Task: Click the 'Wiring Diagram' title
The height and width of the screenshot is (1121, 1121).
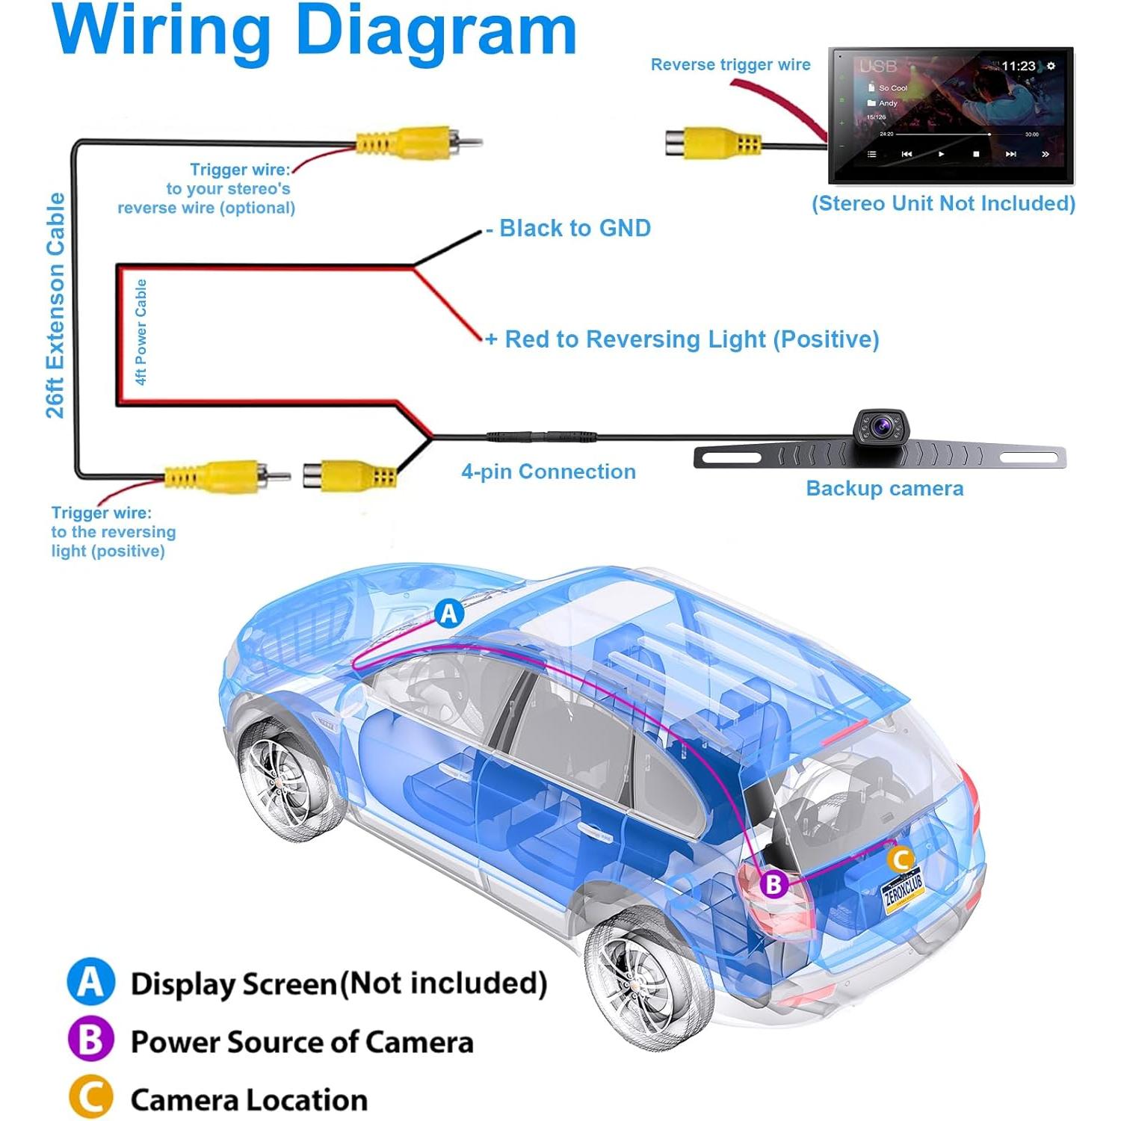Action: tap(314, 31)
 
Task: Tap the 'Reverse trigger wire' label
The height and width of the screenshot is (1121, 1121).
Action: tap(730, 65)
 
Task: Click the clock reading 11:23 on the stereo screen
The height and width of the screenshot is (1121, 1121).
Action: tap(1018, 67)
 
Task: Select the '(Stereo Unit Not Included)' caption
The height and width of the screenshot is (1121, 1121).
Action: tap(943, 203)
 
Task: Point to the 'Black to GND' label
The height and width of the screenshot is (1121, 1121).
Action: tap(574, 228)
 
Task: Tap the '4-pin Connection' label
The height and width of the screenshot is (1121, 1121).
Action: tap(549, 472)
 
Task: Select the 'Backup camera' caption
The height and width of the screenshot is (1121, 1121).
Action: tap(884, 489)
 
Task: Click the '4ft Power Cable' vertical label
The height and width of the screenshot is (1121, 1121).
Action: tap(140, 333)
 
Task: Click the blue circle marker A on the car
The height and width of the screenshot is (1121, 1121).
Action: tap(449, 614)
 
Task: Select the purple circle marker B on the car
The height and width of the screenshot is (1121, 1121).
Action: tap(774, 884)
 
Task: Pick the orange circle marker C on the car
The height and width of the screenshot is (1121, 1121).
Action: tap(901, 859)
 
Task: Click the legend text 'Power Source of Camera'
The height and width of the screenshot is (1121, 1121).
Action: tap(302, 1042)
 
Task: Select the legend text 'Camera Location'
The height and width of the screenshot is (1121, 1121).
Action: tap(249, 1100)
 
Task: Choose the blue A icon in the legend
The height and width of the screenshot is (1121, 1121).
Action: tap(91, 982)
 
